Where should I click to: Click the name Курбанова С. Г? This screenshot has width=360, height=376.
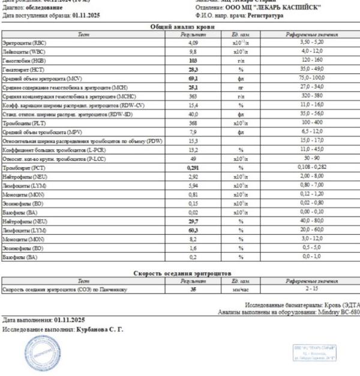pos(101,329)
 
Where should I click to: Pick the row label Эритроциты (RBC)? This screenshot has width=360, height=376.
pos(22,43)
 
